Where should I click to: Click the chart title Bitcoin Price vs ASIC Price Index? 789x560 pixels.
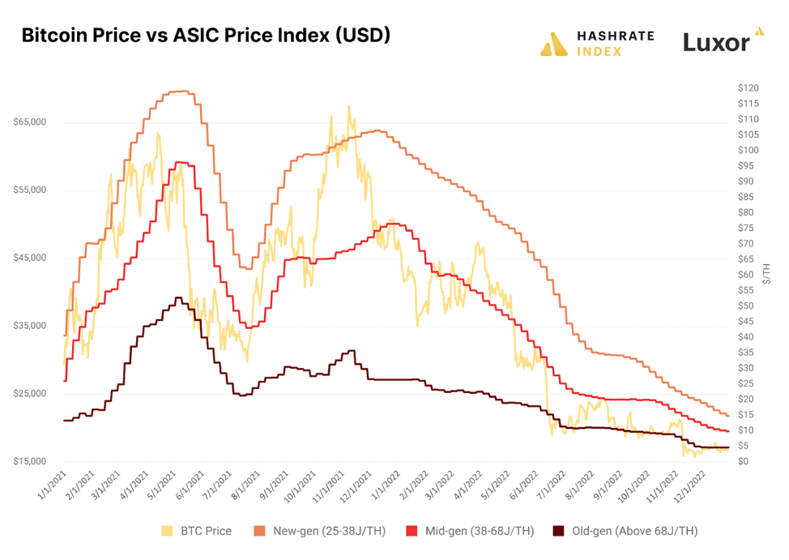[206, 36]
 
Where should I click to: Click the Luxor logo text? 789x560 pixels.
[716, 43]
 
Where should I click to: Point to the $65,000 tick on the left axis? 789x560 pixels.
[29, 122]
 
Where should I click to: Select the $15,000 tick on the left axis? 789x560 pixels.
[29, 462]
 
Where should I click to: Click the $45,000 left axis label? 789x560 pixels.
[29, 259]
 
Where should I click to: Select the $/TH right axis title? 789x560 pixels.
[766, 274]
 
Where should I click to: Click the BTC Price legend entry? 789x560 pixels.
[198, 531]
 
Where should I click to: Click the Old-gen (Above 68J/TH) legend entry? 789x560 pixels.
[624, 531]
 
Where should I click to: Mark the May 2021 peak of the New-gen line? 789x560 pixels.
[180, 92]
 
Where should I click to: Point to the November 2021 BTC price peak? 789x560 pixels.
[349, 106]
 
